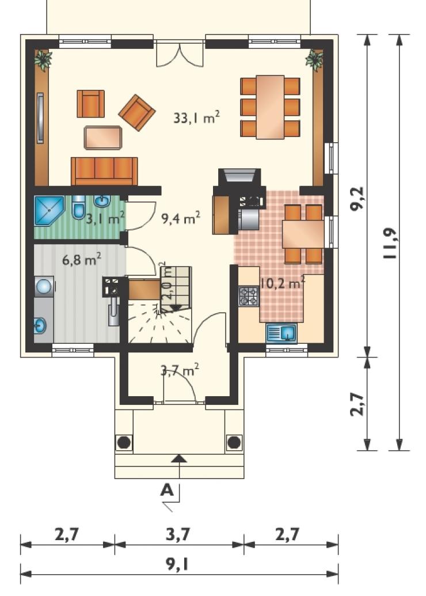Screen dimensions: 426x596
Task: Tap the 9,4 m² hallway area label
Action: click(x=181, y=218)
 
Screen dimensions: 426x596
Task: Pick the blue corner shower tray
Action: click(x=49, y=210)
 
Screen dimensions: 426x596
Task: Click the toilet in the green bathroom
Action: click(x=78, y=207)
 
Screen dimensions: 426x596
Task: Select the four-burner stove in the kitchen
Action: click(x=249, y=297)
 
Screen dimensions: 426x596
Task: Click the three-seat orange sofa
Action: click(x=104, y=170)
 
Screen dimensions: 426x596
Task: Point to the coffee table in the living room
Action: click(x=103, y=137)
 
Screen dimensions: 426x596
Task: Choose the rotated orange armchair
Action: click(x=137, y=112)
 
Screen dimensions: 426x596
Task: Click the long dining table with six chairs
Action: click(x=270, y=107)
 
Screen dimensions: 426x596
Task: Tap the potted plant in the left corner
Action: click(x=43, y=60)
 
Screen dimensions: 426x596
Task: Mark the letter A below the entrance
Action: click(x=167, y=490)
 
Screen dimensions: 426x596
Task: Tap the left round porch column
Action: click(x=124, y=442)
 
